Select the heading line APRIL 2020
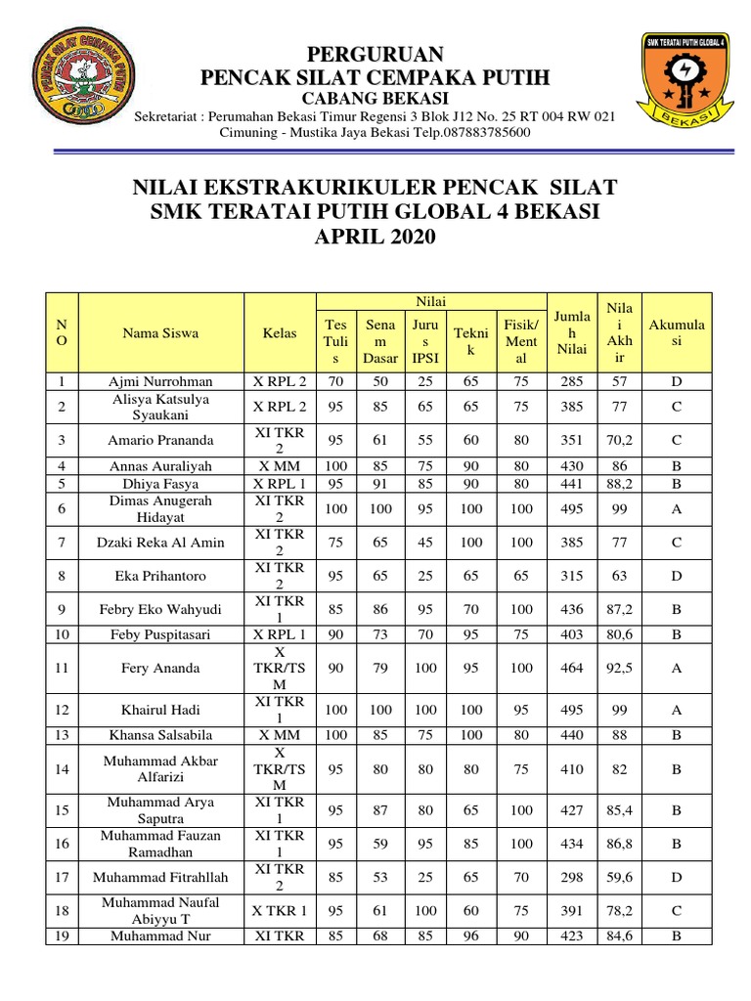[x=375, y=238]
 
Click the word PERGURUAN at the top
[x=375, y=53]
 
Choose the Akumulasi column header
[x=676, y=332]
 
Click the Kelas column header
[x=280, y=332]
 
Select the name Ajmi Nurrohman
[x=160, y=381]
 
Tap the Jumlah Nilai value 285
[x=572, y=381]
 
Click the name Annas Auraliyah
[x=160, y=466]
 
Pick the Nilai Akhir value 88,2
[x=620, y=483]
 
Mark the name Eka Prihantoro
[x=160, y=576]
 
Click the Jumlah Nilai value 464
[x=572, y=669]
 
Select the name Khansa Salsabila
[x=160, y=734]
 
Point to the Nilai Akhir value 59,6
[x=620, y=877]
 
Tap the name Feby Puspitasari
[x=160, y=633]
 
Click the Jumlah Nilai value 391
[x=572, y=910]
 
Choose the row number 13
[x=63, y=734]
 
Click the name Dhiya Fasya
[x=160, y=483]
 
